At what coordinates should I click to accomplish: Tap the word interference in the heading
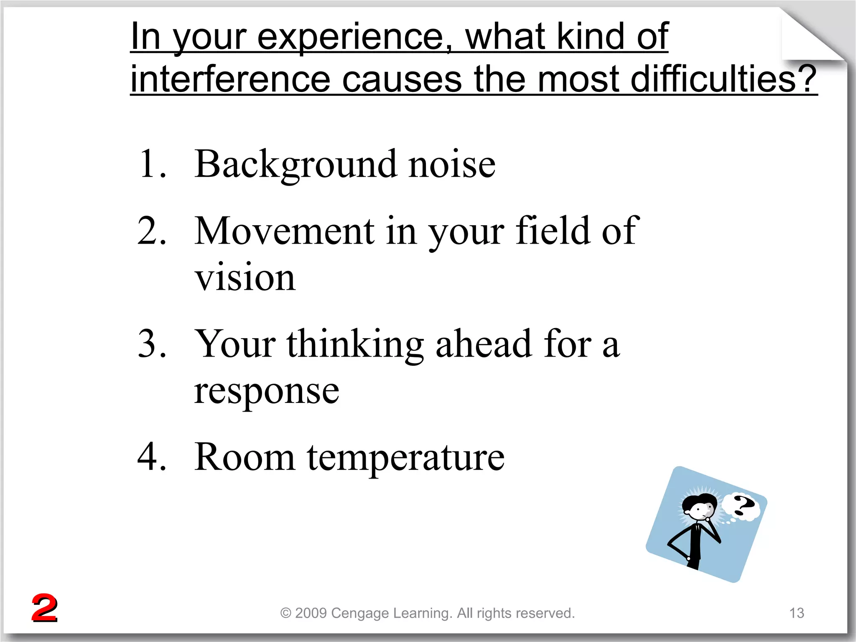[x=230, y=79]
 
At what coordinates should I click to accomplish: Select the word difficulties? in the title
[x=723, y=79]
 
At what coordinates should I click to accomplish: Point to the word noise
[x=451, y=164]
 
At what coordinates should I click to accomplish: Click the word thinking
[x=355, y=345]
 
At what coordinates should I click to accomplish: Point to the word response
[x=266, y=391]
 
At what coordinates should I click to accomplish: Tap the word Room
[x=245, y=456]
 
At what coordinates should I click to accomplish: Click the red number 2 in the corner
[x=44, y=608]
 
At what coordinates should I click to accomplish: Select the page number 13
[x=797, y=613]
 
